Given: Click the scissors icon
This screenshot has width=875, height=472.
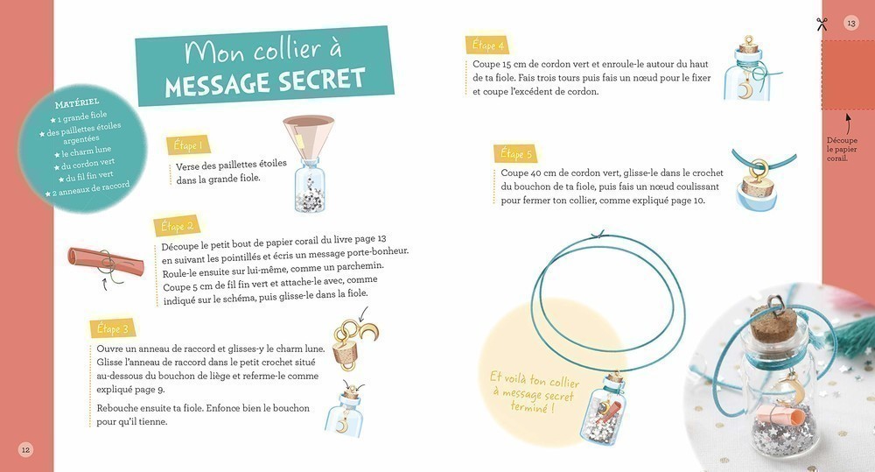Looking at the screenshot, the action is (x=822, y=24).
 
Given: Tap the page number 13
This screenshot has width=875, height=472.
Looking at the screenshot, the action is (x=851, y=24).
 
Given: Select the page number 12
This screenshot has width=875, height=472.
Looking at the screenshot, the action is (x=25, y=449).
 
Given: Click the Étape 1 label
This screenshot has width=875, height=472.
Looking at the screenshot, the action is (x=188, y=145).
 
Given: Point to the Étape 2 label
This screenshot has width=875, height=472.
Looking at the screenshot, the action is (x=177, y=226).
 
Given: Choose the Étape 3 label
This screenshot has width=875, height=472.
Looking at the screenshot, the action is (x=113, y=328).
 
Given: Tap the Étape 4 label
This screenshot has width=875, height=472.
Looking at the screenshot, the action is (x=487, y=45).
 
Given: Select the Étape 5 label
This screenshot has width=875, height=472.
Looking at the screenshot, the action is (x=515, y=153).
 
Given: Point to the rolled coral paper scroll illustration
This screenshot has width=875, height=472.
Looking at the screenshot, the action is (x=106, y=262).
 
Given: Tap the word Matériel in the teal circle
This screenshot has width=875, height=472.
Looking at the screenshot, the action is (x=77, y=102).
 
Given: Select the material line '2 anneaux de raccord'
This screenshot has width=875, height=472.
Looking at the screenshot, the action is (x=87, y=189).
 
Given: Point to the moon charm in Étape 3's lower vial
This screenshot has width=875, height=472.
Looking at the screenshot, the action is (x=339, y=426).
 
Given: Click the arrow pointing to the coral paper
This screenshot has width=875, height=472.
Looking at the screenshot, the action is (x=848, y=124).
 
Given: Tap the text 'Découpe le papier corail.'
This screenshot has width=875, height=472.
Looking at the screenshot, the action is (x=842, y=149).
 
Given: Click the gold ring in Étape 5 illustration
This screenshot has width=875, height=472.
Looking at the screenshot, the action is (x=759, y=167).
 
